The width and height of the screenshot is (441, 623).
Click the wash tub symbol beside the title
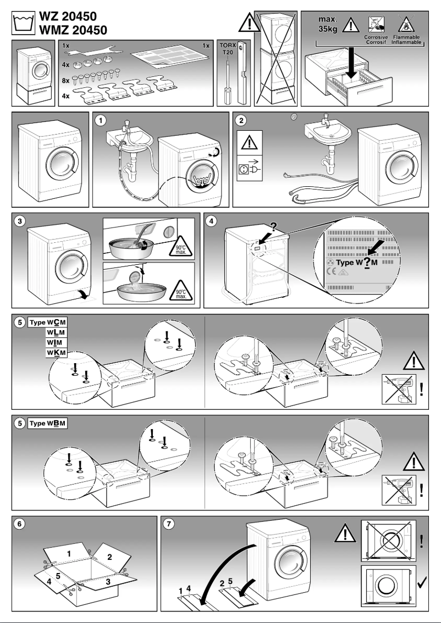tap(23, 22)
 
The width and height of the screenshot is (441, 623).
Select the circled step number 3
tap(20, 221)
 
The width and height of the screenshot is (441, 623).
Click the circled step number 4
tap(212, 221)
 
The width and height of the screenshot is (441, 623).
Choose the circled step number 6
tap(20, 524)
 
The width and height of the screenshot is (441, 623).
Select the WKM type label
tap(56, 352)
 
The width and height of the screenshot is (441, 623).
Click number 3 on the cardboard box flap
tap(108, 581)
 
